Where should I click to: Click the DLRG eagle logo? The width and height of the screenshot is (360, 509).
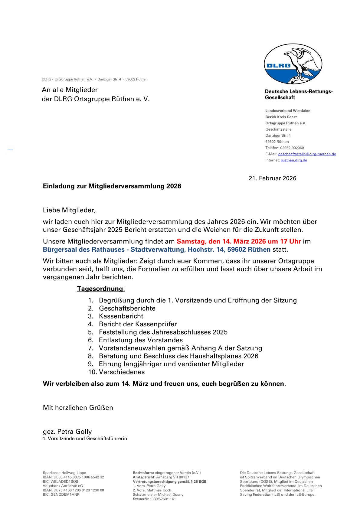tap(293, 64)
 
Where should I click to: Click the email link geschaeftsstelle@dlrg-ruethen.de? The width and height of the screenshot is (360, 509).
tap(307, 154)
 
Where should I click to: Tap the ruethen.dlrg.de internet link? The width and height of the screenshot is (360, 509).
tap(294, 160)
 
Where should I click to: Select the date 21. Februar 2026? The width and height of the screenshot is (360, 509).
tap(272, 178)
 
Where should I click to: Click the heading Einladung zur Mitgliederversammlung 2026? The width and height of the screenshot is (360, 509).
tap(112, 186)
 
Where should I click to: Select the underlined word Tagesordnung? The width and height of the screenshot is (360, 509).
tap(100, 289)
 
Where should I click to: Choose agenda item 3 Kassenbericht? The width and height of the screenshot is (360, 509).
tap(121, 316)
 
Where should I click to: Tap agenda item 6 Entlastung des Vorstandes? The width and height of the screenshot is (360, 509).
tap(141, 340)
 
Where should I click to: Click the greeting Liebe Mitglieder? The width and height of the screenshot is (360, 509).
tap(69, 210)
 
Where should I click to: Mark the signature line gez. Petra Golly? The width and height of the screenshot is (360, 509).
tap(67, 432)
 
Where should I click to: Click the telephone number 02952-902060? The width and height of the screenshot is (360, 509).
tap(292, 148)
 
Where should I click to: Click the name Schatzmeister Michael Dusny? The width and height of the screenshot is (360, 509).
tap(158, 494)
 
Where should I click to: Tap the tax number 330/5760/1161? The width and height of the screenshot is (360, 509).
tap(163, 499)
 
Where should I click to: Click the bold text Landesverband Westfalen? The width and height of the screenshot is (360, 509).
tap(288, 111)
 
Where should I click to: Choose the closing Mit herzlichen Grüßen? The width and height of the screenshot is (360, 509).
tap(78, 408)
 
